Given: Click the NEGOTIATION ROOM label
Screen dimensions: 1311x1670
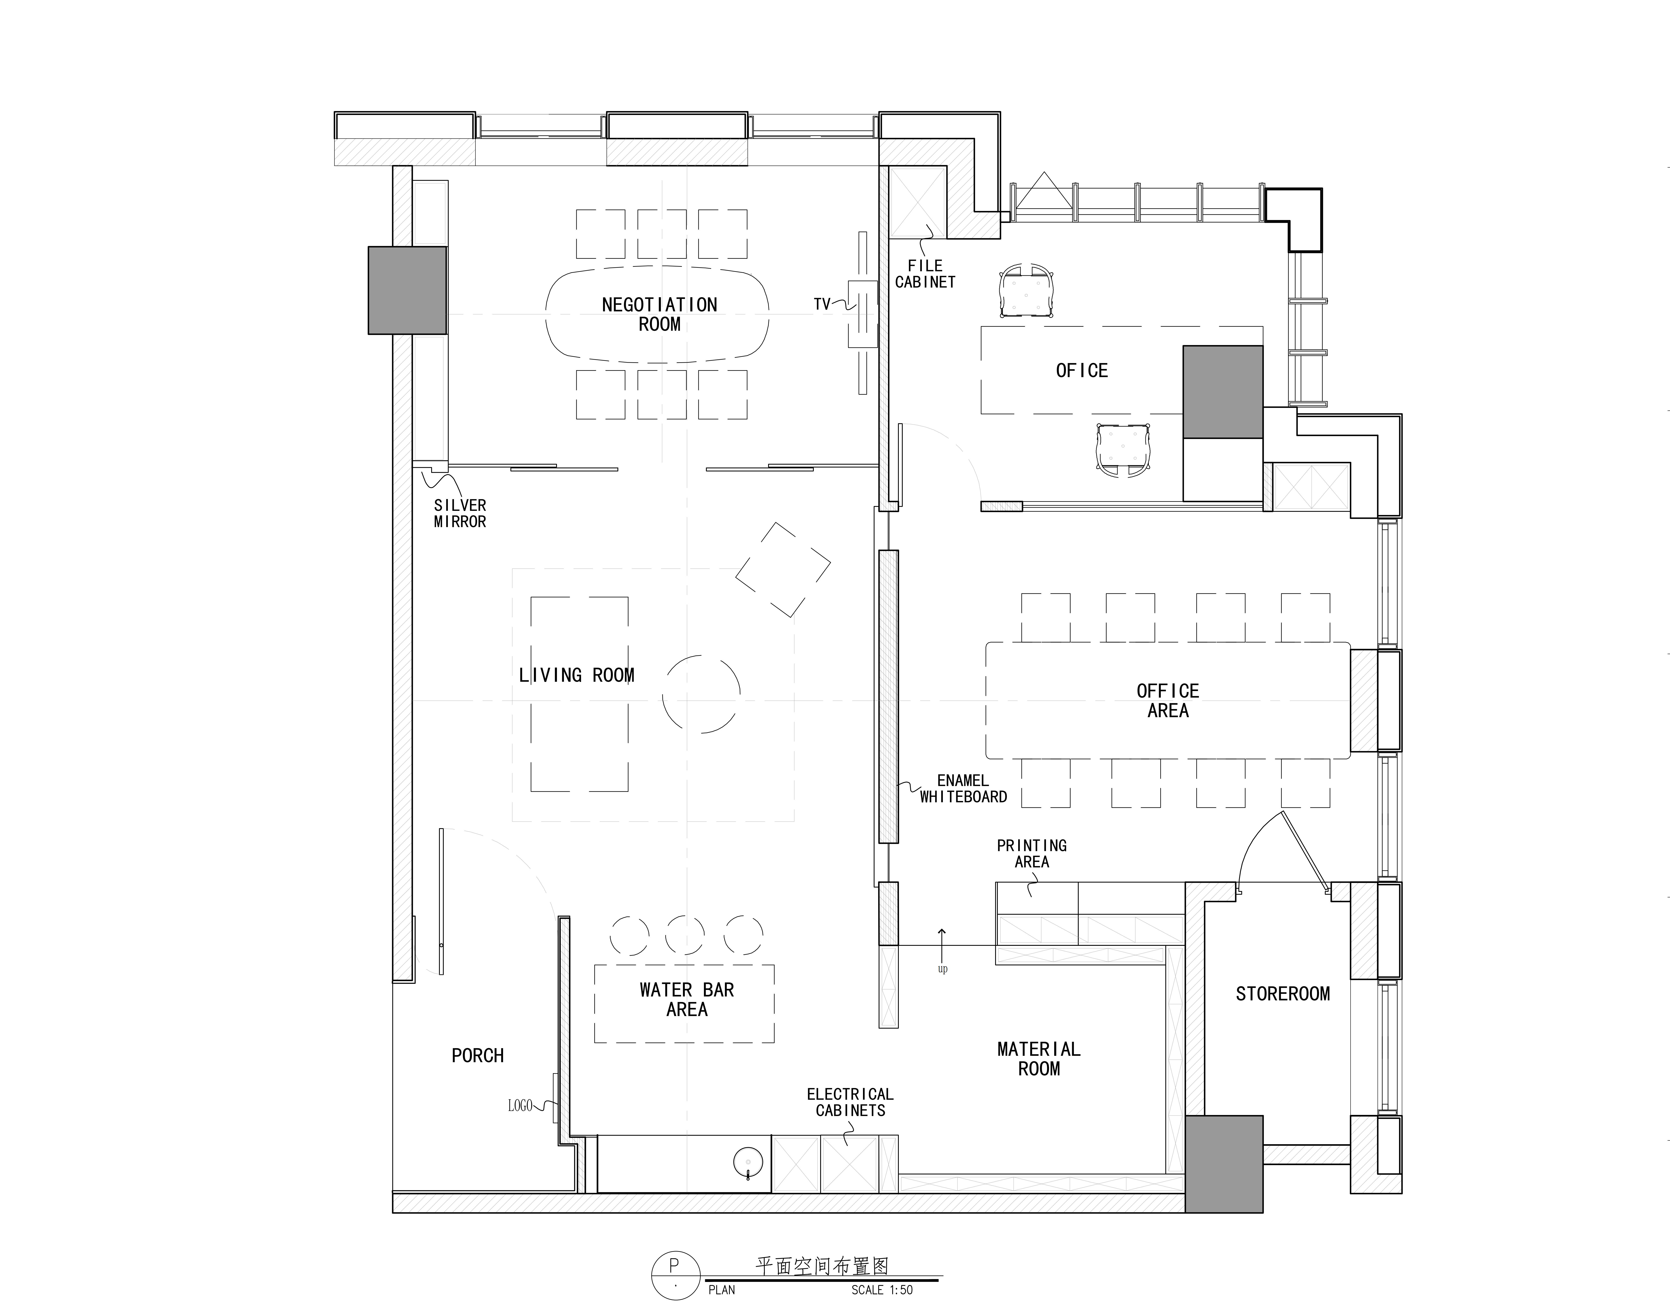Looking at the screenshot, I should [x=659, y=315].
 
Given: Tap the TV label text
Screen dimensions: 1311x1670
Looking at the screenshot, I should [x=822, y=304].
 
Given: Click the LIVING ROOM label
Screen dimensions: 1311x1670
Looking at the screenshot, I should [x=576, y=675].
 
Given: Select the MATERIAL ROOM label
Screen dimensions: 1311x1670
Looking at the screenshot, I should [x=1039, y=1058].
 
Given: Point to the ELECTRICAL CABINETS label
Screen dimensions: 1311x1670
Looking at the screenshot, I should [x=850, y=1102].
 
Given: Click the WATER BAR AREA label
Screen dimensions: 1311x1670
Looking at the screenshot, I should [x=687, y=999].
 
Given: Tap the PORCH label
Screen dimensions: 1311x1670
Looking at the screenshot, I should [x=477, y=1055].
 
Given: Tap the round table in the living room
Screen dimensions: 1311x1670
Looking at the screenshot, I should [x=701, y=694].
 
